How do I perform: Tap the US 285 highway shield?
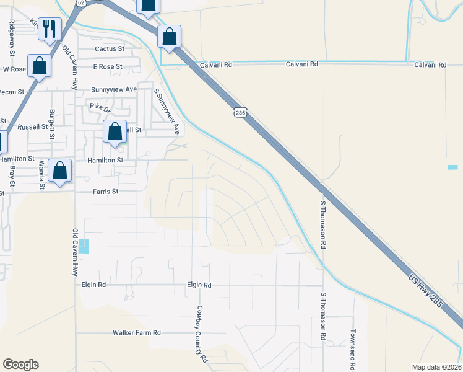click(241, 112)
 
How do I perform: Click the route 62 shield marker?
click(81, 3)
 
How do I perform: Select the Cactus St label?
click(110, 48)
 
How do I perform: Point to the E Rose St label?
click(108, 66)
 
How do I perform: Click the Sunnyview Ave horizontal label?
click(114, 89)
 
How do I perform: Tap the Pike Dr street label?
click(99, 107)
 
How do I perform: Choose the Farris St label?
click(105, 192)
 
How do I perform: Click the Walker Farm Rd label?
click(137, 333)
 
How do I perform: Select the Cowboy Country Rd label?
click(201, 334)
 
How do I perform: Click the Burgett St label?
click(52, 125)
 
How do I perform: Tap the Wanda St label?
click(41, 174)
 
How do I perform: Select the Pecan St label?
click(12, 92)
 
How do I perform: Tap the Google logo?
click(20, 365)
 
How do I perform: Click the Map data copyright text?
click(436, 367)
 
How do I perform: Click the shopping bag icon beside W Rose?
click(40, 66)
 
